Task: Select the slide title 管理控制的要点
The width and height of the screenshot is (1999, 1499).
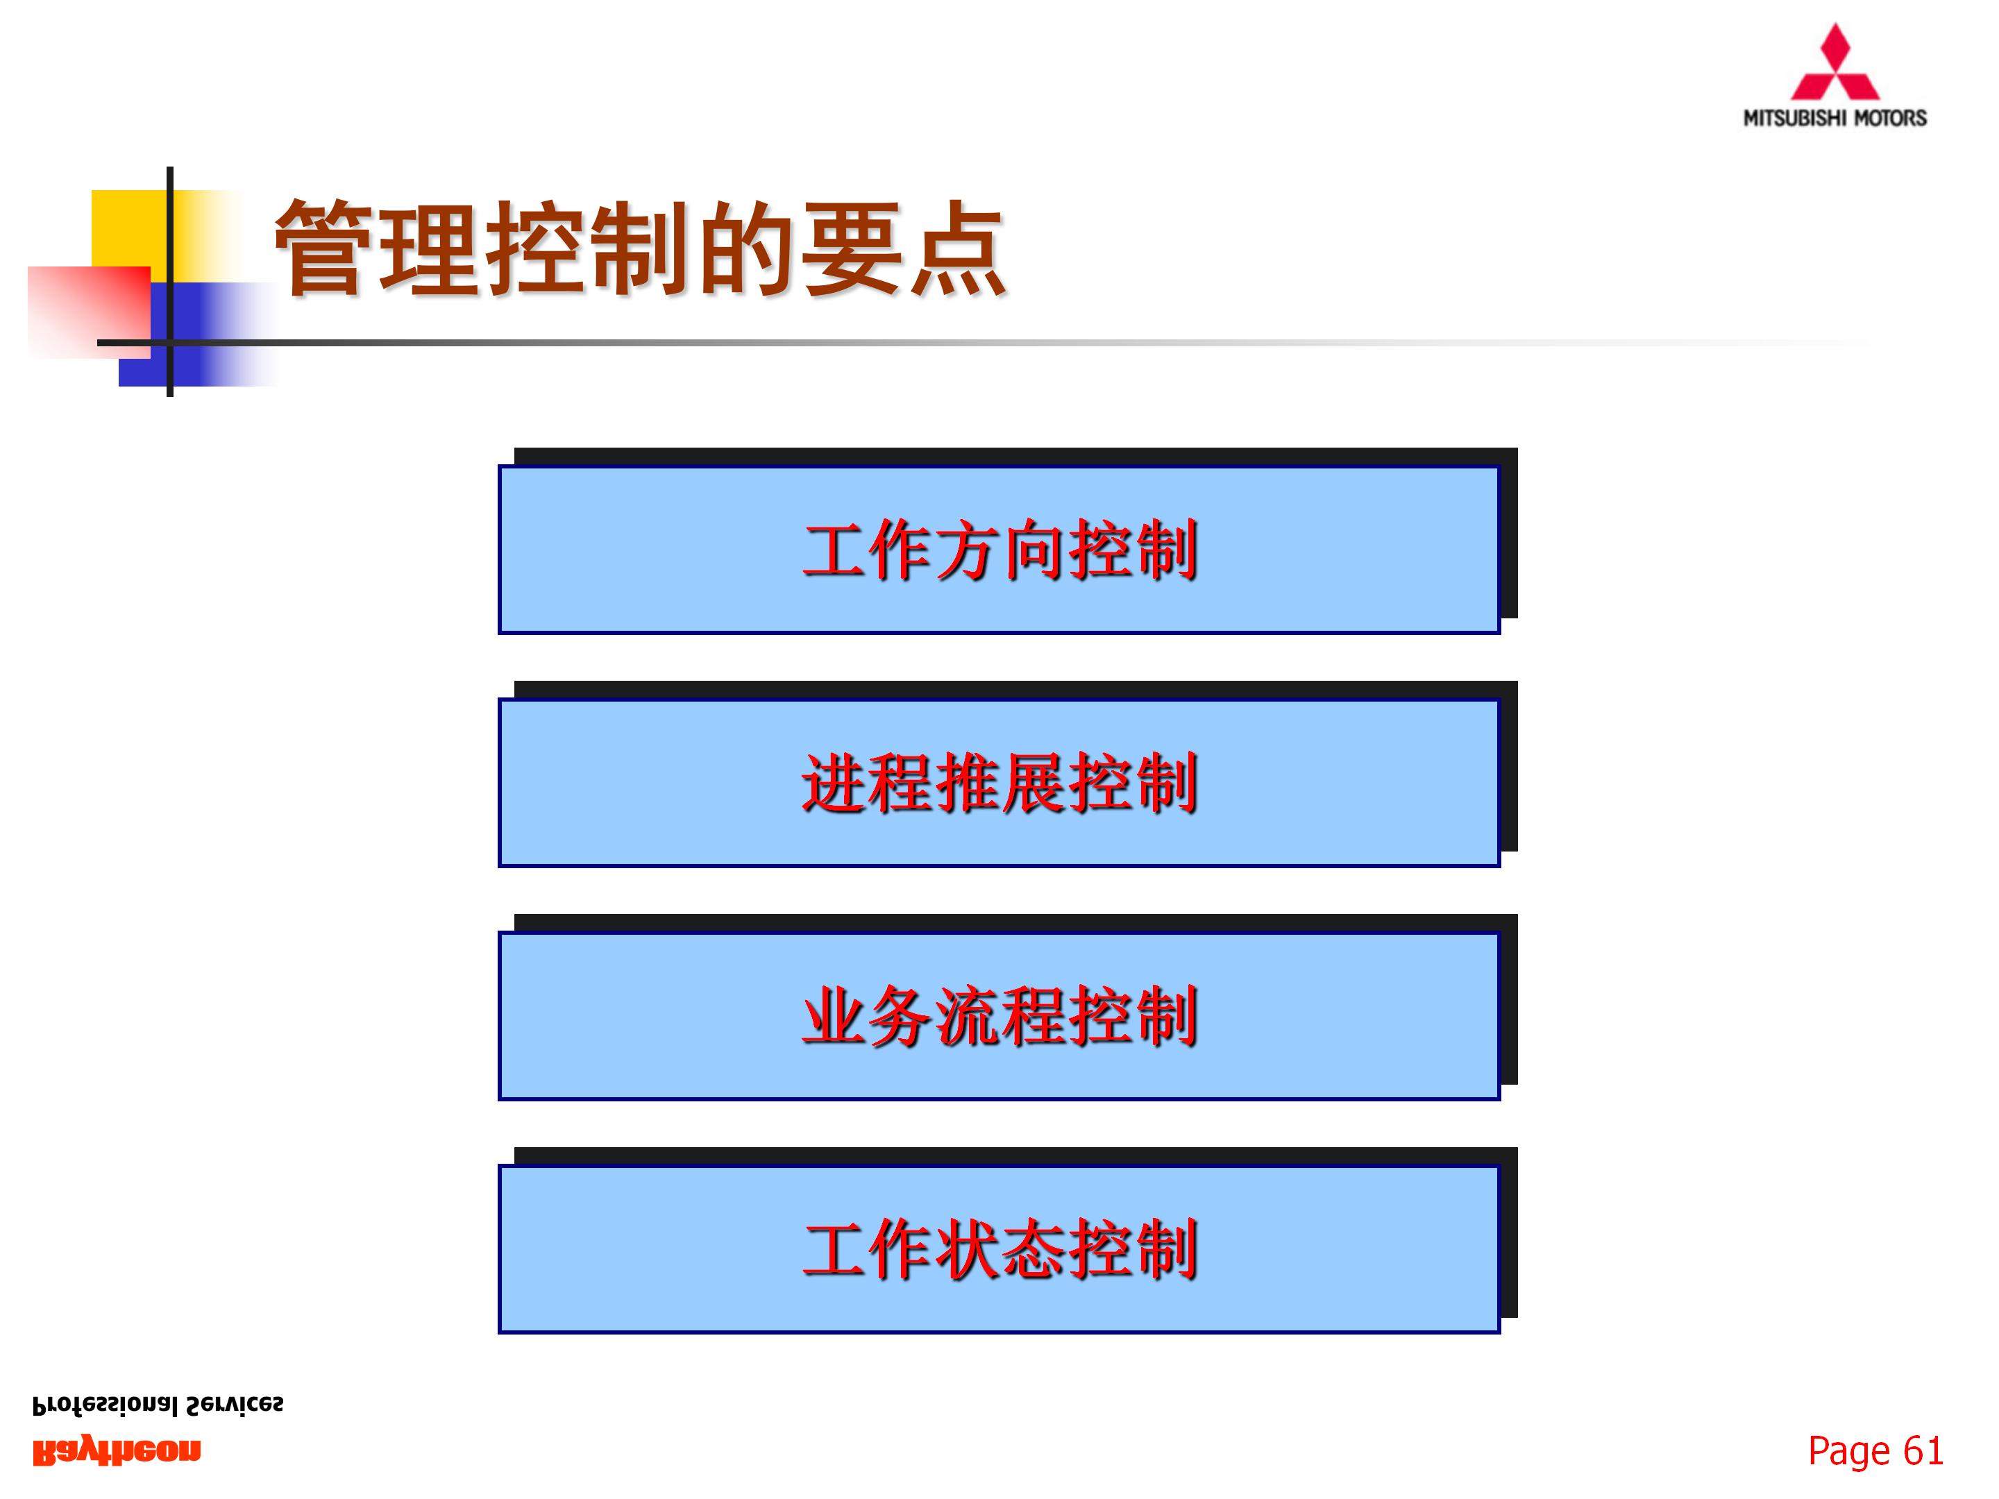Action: click(x=640, y=248)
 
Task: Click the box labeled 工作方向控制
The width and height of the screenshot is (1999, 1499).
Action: click(x=999, y=550)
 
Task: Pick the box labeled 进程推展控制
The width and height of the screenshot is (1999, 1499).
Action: click(x=999, y=783)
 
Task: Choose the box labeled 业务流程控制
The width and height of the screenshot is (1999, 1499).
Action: click(x=999, y=1015)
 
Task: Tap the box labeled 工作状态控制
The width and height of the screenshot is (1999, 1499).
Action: click(x=999, y=1248)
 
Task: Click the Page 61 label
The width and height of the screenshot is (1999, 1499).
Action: click(x=1875, y=1451)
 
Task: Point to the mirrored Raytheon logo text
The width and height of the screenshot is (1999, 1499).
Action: click(x=117, y=1451)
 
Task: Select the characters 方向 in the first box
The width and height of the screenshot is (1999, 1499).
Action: click(x=999, y=550)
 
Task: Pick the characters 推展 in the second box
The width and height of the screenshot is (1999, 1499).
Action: click(x=999, y=783)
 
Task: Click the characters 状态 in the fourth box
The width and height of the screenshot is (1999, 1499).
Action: click(x=999, y=1248)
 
